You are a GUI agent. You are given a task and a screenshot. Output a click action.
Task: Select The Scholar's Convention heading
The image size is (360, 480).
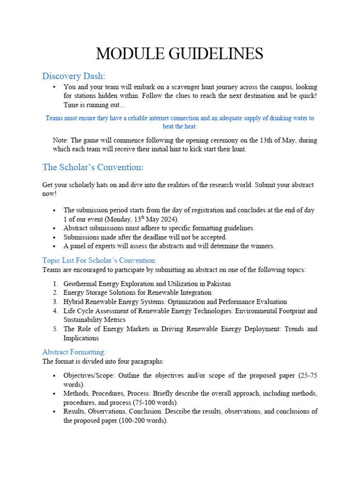[93, 167]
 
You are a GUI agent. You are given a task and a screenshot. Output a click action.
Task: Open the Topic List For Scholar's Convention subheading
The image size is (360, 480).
[99, 261]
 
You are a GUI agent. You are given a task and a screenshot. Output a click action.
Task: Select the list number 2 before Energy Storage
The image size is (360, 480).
[55, 293]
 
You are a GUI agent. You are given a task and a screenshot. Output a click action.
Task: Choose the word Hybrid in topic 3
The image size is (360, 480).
[74, 302]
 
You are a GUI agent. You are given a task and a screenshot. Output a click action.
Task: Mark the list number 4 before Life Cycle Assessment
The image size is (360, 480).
[55, 311]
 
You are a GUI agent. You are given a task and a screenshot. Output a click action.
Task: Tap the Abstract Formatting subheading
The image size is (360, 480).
[74, 352]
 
